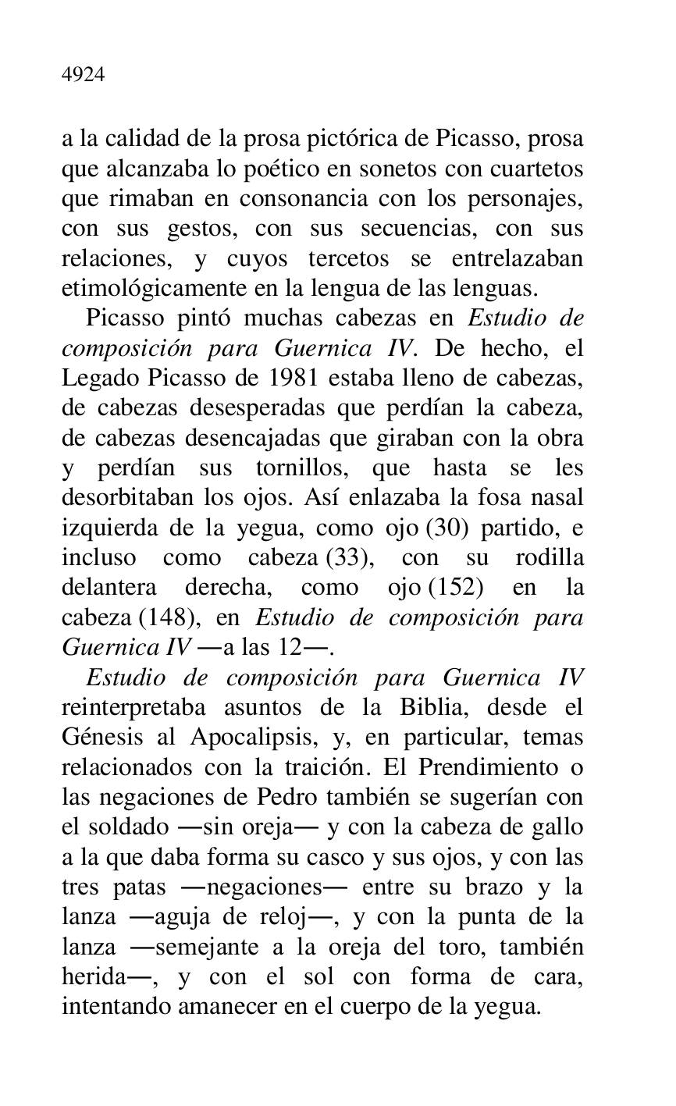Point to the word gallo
(557, 827)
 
